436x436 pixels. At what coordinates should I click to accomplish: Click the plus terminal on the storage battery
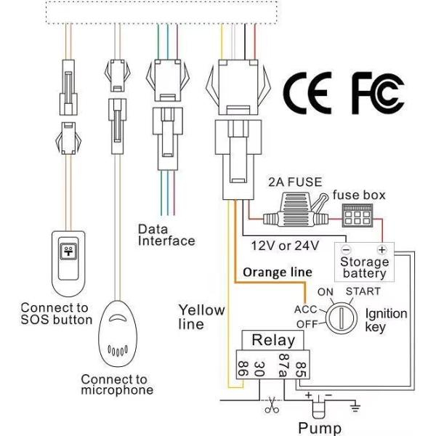point(380,249)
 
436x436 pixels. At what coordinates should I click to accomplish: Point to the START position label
point(362,292)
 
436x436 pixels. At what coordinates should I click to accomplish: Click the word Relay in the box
point(272,339)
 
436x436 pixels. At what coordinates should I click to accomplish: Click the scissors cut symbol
point(272,406)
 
